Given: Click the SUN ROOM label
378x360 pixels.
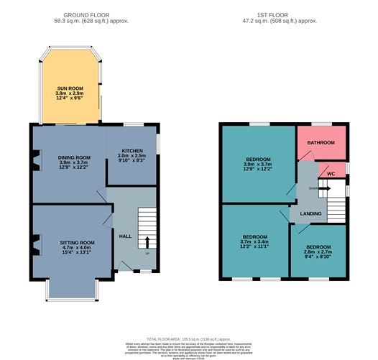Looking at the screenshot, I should [x=70, y=88].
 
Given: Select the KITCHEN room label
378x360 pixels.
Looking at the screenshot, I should [x=132, y=146].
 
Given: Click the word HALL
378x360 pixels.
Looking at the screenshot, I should [x=125, y=236].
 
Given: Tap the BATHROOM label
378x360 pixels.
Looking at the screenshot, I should [x=321, y=143].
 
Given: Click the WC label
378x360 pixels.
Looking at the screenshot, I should [x=331, y=173].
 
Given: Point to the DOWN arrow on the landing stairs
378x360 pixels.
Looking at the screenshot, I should [x=323, y=188].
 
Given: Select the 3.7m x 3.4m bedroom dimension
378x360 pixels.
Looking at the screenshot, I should [x=254, y=243].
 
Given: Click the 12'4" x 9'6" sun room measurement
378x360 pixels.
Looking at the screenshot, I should [x=70, y=100].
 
